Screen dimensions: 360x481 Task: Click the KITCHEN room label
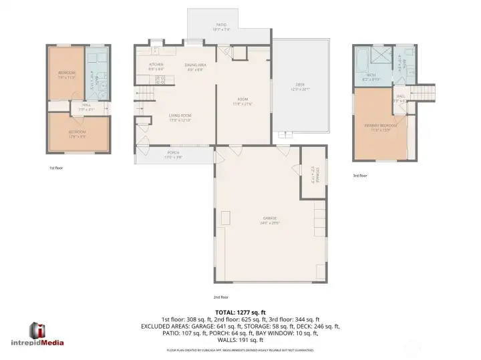(x=155, y=65)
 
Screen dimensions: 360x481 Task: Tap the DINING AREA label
(x=195, y=65)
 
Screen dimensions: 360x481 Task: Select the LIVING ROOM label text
(x=180, y=116)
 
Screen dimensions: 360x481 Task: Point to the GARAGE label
(x=269, y=218)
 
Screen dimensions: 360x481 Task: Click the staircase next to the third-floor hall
(x=424, y=93)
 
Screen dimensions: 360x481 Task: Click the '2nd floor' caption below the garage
(x=220, y=297)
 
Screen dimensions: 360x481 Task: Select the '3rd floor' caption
(x=359, y=176)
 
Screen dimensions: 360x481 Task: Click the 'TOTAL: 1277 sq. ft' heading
(x=240, y=311)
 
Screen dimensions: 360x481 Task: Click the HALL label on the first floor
(x=87, y=104)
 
